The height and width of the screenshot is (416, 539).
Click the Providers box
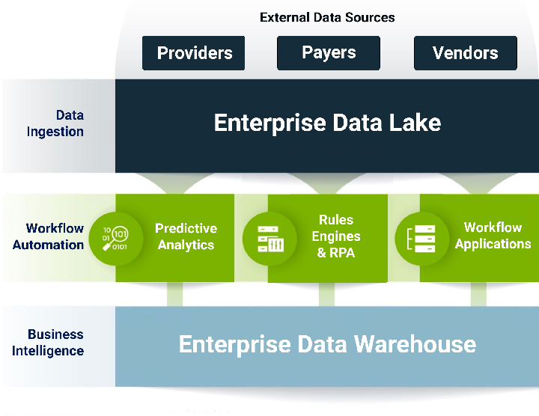(194, 53)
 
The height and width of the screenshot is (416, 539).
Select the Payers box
(329, 53)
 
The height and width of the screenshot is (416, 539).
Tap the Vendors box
(466, 53)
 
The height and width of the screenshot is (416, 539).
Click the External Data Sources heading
(327, 17)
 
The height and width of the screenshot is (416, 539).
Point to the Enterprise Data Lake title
(327, 123)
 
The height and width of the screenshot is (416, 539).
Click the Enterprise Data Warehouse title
(327, 344)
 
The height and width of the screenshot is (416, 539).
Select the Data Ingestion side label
(55, 123)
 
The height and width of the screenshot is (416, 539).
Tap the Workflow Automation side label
(49, 236)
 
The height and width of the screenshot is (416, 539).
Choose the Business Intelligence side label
(48, 343)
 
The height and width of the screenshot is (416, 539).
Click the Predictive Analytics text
(186, 236)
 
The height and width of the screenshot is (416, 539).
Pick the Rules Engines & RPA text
(336, 236)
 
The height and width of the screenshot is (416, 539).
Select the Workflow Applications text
(493, 236)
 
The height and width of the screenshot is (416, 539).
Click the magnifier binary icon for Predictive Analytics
(115, 239)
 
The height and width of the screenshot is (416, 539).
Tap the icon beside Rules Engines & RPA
(270, 239)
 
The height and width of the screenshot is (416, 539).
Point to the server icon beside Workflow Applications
(421, 239)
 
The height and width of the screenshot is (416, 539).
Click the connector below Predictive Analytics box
(174, 294)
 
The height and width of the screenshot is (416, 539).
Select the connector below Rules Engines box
(326, 294)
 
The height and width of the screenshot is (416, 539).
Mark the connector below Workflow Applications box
(478, 294)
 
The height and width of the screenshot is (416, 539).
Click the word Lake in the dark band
(415, 123)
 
